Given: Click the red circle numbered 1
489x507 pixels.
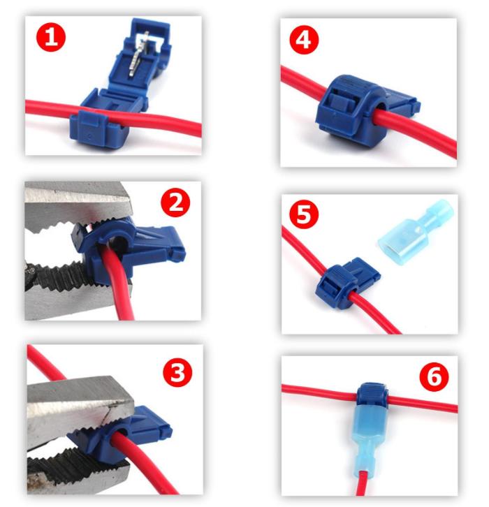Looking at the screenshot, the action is [x=51, y=38].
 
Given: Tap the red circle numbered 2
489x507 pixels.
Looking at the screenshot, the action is [x=175, y=203].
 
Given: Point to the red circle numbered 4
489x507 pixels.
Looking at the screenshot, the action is [x=304, y=40].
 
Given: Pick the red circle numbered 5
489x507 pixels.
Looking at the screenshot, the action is [x=304, y=214].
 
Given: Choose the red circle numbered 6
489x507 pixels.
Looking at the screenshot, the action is [x=434, y=376].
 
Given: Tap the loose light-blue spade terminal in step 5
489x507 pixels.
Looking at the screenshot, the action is [x=416, y=232].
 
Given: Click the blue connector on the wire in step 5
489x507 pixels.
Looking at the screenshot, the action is [x=348, y=283].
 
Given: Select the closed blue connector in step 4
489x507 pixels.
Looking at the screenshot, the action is [x=363, y=108].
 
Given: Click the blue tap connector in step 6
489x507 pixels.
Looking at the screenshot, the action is [x=372, y=395].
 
